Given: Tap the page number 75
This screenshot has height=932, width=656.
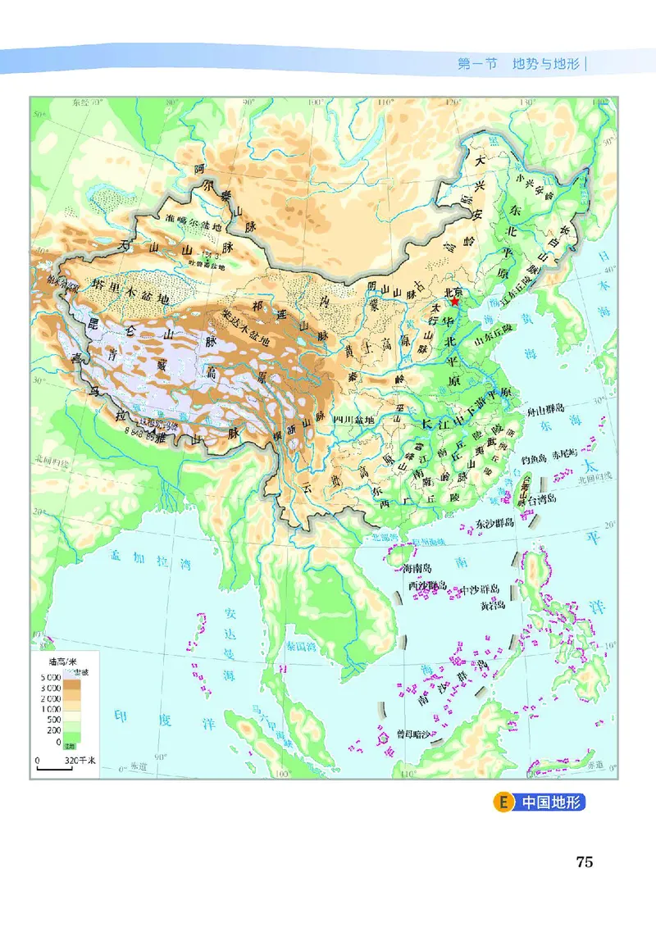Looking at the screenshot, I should [x=584, y=862].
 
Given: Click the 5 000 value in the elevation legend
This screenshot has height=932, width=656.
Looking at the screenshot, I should [x=48, y=675].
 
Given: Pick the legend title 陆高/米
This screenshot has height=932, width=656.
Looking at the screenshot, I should [x=63, y=659].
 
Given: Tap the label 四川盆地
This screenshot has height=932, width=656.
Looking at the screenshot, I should [x=355, y=419].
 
